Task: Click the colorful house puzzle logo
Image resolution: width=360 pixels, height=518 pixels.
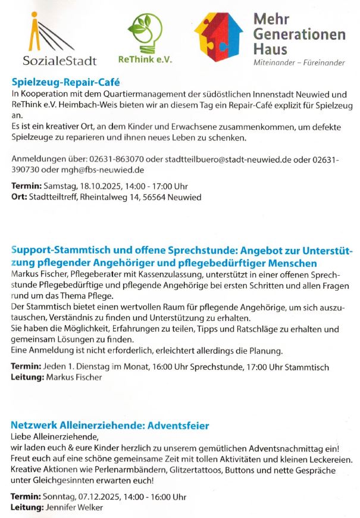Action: click(218, 38)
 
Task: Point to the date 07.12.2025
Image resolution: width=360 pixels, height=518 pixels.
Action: click(102, 497)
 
